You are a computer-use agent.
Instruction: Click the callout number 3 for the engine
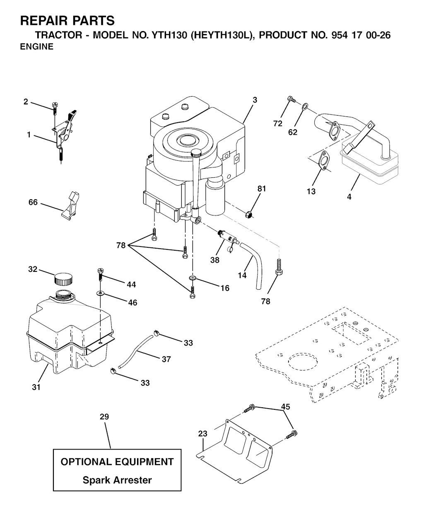[255, 100]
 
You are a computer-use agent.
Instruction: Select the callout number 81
[262, 189]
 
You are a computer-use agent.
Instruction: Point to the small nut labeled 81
[249, 214]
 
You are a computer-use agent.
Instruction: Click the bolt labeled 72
[291, 99]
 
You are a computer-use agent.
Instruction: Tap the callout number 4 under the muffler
[349, 197]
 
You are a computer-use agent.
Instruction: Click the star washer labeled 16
[192, 278]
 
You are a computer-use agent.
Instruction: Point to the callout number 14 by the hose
[242, 274]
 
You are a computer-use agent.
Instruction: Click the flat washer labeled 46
[101, 293]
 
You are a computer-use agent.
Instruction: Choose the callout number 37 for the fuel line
[166, 359]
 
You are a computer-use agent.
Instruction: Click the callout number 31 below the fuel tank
[36, 387]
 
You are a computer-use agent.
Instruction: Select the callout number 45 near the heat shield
[286, 406]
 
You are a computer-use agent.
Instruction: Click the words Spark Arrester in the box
[117, 480]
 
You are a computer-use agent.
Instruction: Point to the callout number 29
[104, 417]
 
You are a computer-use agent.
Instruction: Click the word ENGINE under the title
[37, 47]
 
